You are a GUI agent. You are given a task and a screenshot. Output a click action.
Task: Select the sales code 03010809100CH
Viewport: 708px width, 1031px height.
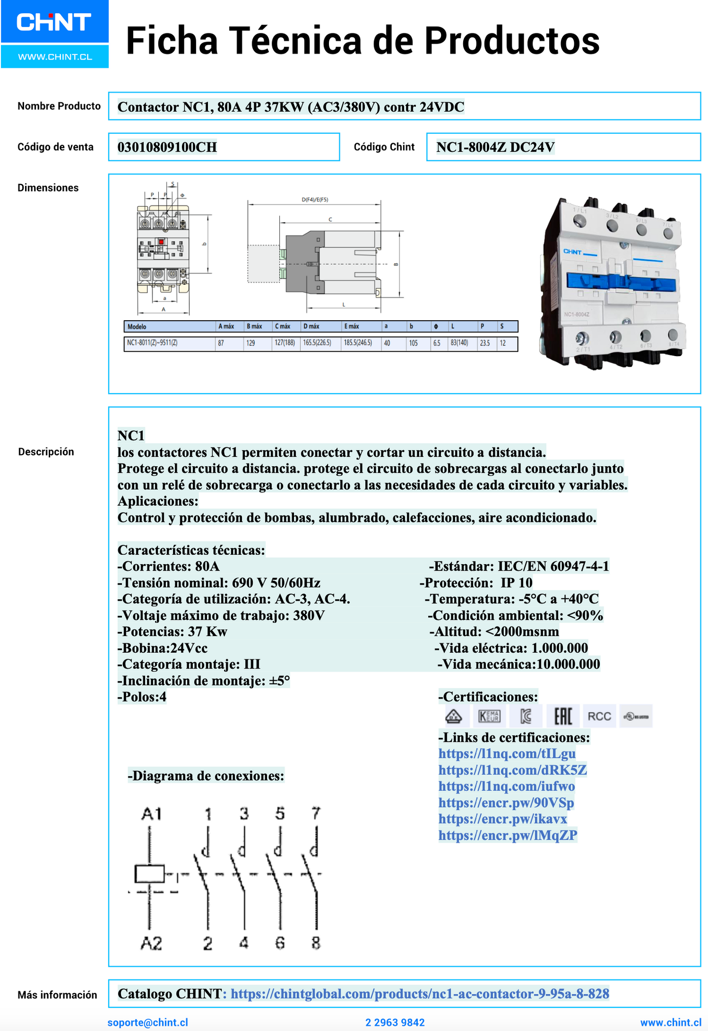(x=167, y=147)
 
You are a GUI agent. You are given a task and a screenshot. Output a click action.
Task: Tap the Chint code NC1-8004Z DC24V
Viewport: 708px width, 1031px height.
(x=495, y=147)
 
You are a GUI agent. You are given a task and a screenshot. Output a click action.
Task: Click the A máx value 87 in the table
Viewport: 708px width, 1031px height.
(x=221, y=343)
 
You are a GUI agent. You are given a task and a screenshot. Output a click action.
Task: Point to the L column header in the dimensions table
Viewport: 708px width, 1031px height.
(x=453, y=327)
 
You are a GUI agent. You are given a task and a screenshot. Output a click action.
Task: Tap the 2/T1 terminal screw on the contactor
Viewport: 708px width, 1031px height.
(x=582, y=338)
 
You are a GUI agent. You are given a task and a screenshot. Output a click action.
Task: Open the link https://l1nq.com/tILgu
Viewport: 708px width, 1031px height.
(x=507, y=754)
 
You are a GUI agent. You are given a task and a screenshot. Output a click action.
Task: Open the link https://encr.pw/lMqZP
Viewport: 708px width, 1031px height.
(x=507, y=835)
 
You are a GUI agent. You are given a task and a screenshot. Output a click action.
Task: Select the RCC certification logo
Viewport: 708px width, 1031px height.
(x=599, y=716)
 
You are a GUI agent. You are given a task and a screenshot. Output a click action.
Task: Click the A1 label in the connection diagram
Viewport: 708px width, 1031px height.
(x=151, y=814)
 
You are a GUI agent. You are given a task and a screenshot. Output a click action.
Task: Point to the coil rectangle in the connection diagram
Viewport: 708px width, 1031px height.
(x=149, y=874)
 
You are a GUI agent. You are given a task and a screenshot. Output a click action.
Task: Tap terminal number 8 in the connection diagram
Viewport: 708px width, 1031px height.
(x=316, y=942)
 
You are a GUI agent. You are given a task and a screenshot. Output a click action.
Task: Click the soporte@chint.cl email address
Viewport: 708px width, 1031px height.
(x=147, y=1022)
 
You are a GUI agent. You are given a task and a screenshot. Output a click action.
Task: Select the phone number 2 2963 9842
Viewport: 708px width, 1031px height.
(x=395, y=1022)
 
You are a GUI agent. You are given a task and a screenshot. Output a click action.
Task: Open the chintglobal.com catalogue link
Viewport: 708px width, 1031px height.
(x=419, y=994)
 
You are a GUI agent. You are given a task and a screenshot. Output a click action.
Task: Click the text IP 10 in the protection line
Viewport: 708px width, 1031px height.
(x=516, y=583)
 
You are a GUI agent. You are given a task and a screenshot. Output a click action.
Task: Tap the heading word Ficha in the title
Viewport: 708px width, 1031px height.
(x=172, y=40)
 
